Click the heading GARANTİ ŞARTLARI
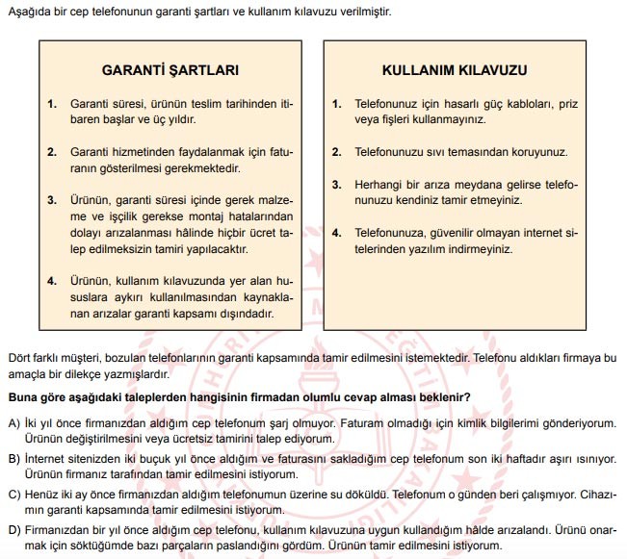170,70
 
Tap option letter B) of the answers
13,460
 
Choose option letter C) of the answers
13,495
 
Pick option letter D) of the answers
13,530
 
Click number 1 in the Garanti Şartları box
50,103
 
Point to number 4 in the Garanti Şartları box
50,281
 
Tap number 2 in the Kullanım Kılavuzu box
336,152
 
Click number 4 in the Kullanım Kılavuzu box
336,233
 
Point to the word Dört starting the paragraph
18,358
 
